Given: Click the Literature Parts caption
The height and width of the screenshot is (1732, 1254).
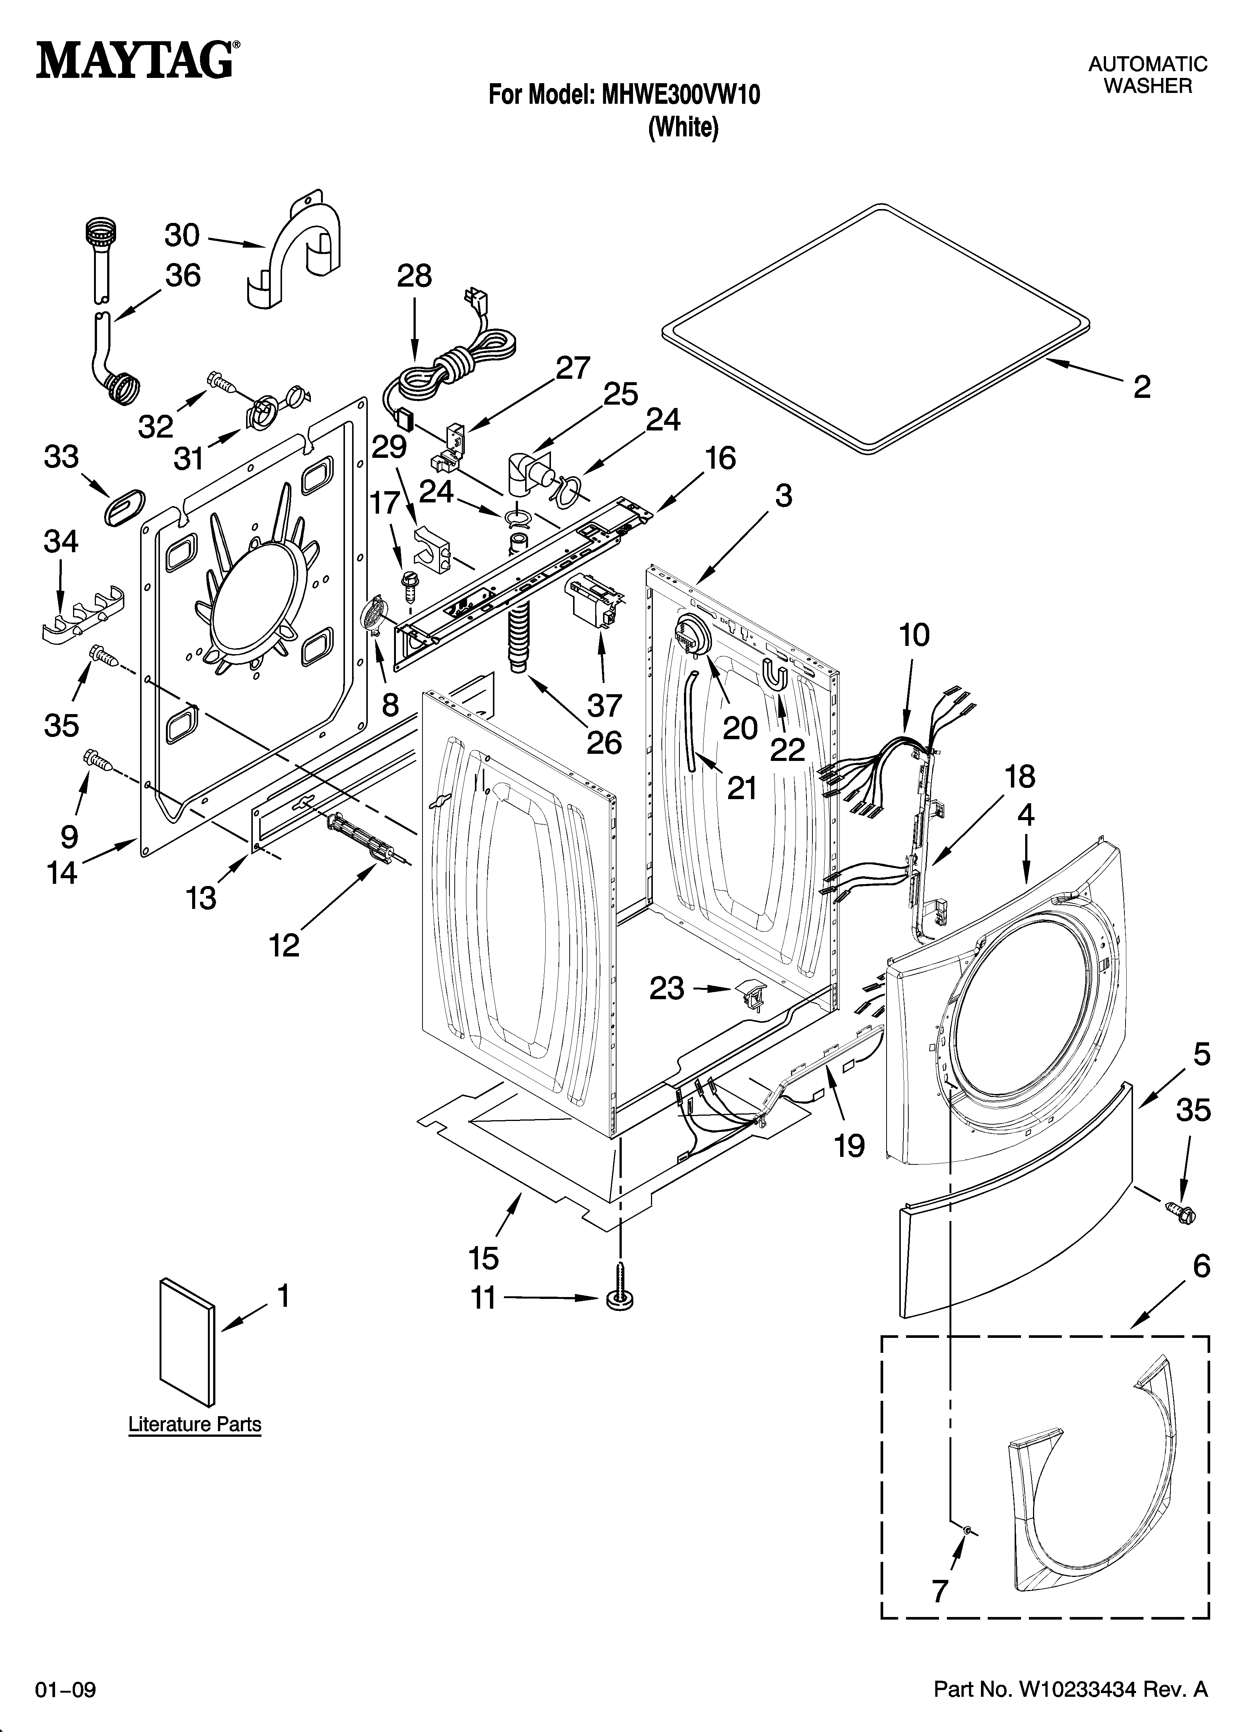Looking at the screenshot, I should pyautogui.click(x=195, y=1424).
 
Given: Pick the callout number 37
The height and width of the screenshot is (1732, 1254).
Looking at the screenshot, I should pyautogui.click(x=604, y=705).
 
